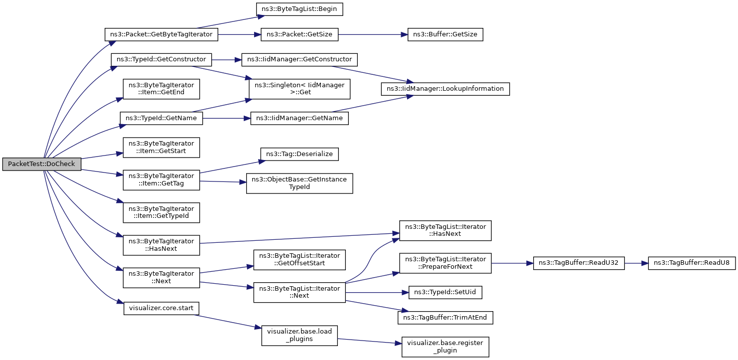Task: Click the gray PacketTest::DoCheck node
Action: point(41,164)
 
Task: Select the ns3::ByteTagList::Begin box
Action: point(299,9)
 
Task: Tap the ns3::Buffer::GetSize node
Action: point(445,34)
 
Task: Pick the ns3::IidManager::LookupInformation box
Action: point(445,89)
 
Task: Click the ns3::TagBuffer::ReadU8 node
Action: point(692,263)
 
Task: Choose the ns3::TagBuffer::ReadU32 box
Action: point(579,263)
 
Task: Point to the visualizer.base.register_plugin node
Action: point(445,347)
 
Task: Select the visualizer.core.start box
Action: point(161,308)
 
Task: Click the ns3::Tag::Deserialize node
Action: point(299,154)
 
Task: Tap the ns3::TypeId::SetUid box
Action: point(445,292)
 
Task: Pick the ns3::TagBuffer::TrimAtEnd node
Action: point(445,318)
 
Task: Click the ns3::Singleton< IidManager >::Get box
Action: point(299,89)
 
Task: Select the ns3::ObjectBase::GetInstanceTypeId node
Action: point(299,183)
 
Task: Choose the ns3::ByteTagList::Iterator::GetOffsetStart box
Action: point(299,260)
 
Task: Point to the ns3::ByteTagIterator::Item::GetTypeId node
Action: point(161,212)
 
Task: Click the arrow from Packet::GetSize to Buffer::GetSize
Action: point(373,34)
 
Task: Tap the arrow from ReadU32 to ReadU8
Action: point(636,263)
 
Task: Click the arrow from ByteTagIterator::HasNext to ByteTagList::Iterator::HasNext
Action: point(299,238)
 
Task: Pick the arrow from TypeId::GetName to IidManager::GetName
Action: point(227,118)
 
